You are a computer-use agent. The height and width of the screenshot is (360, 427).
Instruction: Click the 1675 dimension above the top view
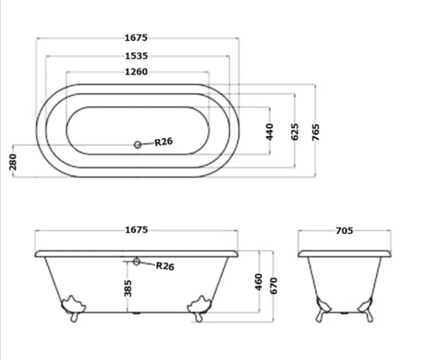point(136,38)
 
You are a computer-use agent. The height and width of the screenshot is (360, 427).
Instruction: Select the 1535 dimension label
point(136,56)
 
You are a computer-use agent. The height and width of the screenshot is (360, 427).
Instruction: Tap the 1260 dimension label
point(136,72)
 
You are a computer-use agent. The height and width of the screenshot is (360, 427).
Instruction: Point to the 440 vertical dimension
point(269,132)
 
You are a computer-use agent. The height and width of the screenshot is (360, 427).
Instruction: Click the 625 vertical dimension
point(295,132)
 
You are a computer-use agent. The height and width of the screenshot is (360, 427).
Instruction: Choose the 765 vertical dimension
point(316,132)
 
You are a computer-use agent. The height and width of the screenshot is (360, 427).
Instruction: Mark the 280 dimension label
point(13,162)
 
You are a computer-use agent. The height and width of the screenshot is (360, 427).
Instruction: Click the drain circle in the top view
point(138,145)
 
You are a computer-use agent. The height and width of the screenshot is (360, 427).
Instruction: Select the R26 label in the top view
point(164,142)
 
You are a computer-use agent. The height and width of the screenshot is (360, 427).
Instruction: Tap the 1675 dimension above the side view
point(136,230)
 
